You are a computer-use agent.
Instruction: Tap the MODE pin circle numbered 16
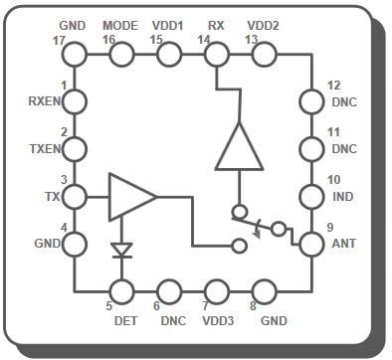point(121,54)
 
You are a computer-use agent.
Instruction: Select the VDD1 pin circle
point(169,54)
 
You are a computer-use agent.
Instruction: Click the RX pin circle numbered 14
point(216,54)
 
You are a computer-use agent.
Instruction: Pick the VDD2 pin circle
point(264,54)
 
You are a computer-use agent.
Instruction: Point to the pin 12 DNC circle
point(310,100)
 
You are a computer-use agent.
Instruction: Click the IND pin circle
point(310,196)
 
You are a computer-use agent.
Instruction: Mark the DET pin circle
point(121,291)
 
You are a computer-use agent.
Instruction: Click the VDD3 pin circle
point(216,291)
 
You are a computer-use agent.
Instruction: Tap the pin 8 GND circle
point(264,291)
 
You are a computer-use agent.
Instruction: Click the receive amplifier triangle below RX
point(240,149)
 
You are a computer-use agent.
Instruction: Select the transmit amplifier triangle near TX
point(129,196)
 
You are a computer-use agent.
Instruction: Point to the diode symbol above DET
point(121,249)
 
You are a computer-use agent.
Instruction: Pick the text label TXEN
point(45,148)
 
